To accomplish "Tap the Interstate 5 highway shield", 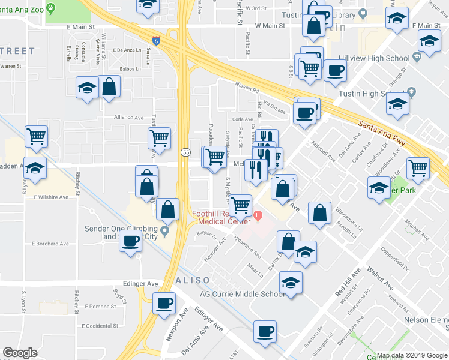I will pyautogui.click(x=156, y=41).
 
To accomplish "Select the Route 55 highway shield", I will pyautogui.click(x=187, y=153).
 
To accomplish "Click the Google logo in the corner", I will pyautogui.click(x=20, y=352).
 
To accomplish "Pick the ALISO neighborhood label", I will pyautogui.click(x=193, y=281).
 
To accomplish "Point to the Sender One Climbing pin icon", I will pyautogui.click(x=165, y=229).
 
